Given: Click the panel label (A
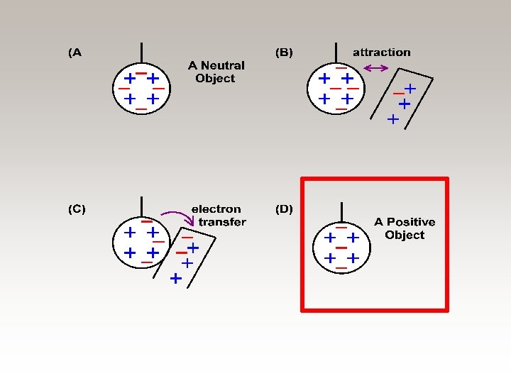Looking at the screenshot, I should [x=75, y=52].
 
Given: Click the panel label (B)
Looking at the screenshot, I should [x=284, y=52].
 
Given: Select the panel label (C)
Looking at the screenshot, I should [x=77, y=209].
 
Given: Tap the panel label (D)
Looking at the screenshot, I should [x=284, y=209].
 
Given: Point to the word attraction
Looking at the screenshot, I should [x=381, y=52].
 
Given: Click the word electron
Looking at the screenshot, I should [x=216, y=209].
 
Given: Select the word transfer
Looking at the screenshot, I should [x=222, y=222].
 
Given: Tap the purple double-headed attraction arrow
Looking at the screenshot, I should [x=375, y=69].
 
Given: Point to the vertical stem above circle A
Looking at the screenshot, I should [x=142, y=53].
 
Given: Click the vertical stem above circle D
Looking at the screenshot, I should [x=342, y=211].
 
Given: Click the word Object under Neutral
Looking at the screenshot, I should [x=214, y=78].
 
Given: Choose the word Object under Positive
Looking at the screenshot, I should [x=405, y=235].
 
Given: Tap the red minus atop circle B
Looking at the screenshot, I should [x=341, y=68].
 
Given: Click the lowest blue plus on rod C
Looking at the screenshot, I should [x=175, y=279].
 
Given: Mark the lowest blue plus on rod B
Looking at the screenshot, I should [x=392, y=120].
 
